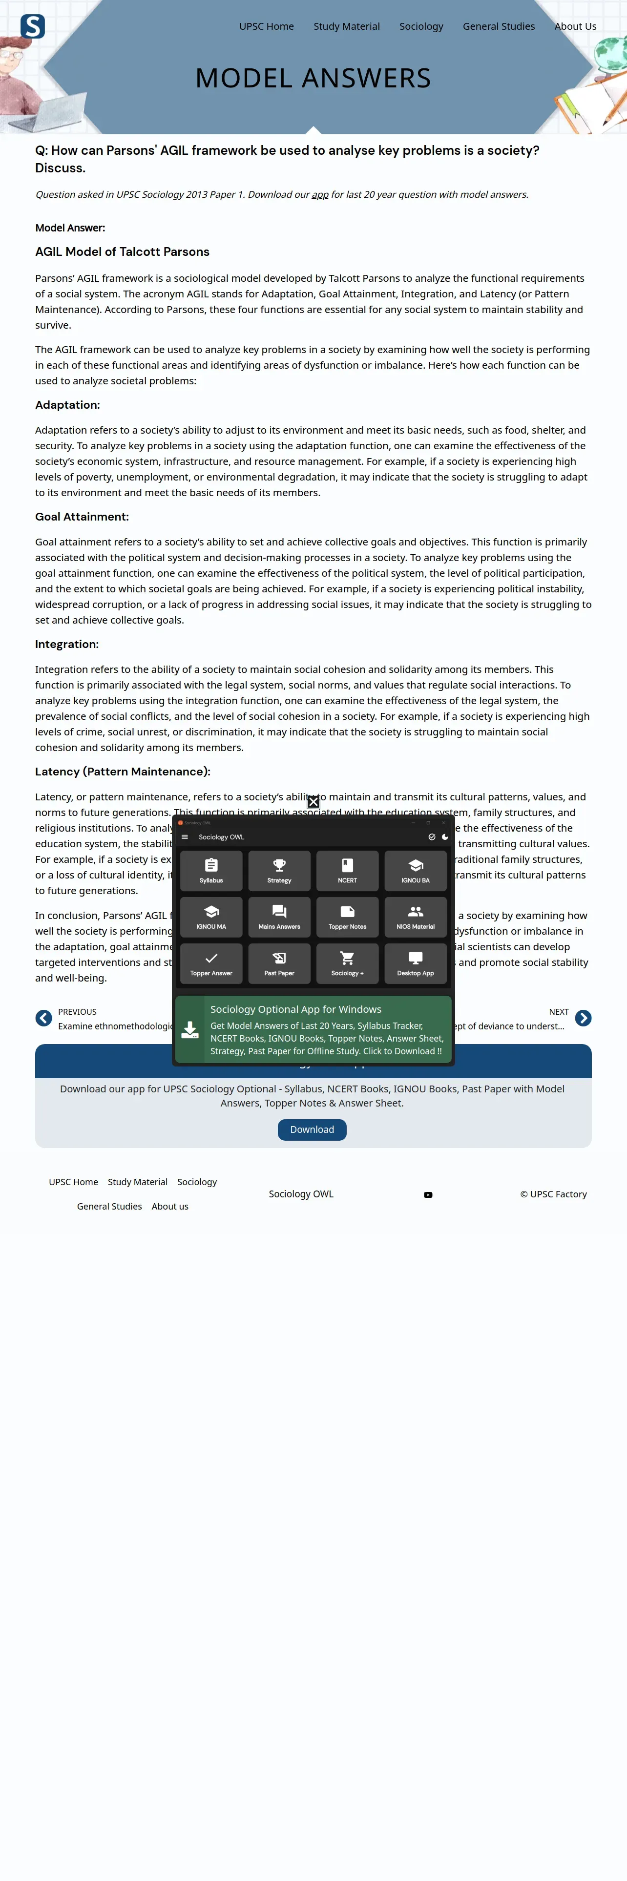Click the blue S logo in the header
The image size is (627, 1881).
33,26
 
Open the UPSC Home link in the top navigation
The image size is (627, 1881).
267,26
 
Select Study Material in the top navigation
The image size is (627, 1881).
347,26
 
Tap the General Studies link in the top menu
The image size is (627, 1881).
499,26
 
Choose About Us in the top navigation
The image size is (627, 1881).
575,26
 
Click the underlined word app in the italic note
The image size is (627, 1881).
320,195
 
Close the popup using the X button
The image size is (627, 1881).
313,802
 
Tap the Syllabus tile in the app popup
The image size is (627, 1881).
211,870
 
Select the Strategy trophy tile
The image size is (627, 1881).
279,870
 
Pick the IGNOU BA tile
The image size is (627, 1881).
416,870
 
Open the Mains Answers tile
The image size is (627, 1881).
279,917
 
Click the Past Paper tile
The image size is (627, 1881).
279,963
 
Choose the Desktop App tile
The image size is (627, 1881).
416,963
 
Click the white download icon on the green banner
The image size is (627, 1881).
190,1029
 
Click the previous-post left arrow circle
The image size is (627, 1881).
44,1018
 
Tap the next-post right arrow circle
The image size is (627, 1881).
583,1018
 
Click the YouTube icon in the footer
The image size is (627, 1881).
428,1194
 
